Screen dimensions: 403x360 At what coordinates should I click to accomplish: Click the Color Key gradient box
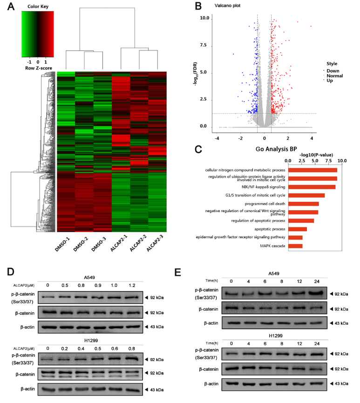38,34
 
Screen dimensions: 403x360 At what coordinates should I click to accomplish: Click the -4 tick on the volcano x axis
217,138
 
